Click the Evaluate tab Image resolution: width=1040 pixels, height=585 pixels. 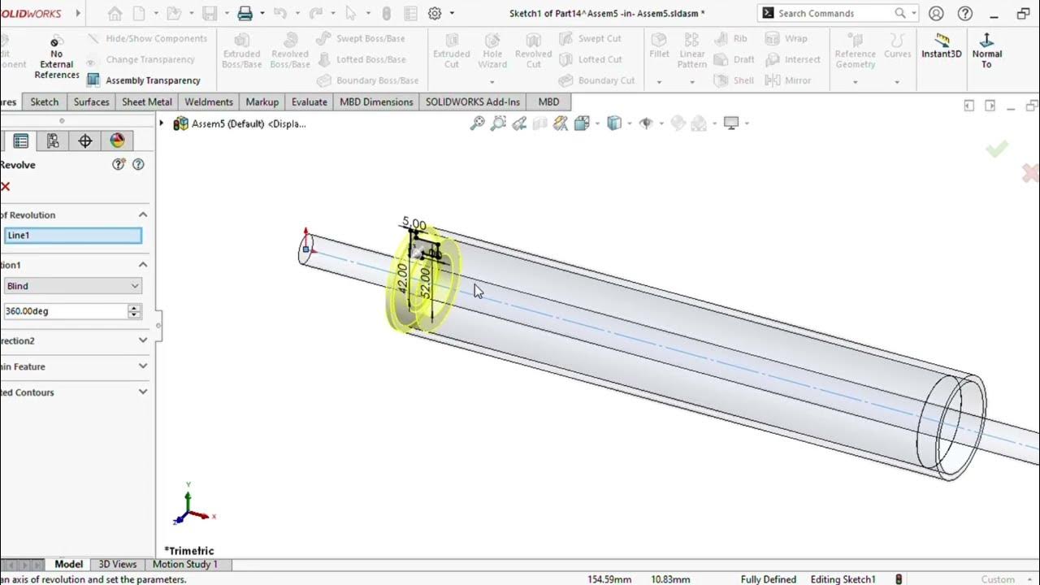click(x=309, y=102)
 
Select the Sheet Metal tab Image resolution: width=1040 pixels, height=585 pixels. click(x=146, y=102)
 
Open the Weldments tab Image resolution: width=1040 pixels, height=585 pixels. click(x=208, y=102)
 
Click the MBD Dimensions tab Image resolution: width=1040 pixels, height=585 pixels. click(x=376, y=102)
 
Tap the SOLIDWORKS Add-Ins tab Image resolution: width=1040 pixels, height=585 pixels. click(x=472, y=102)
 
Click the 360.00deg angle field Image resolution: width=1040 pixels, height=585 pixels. click(x=65, y=311)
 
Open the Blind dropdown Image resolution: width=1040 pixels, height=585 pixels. click(x=72, y=286)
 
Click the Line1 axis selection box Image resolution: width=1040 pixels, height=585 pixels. click(x=72, y=236)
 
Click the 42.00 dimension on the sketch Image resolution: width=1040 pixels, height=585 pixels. click(x=402, y=279)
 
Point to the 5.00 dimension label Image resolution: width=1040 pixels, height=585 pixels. click(x=414, y=223)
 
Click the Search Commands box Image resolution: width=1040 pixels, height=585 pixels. click(x=833, y=13)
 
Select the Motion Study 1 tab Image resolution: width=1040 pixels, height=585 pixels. click(x=184, y=564)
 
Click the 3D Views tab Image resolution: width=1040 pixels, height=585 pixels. click(x=117, y=564)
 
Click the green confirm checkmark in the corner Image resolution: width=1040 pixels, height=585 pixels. click(x=997, y=149)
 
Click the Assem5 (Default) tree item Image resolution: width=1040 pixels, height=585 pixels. click(x=248, y=123)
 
